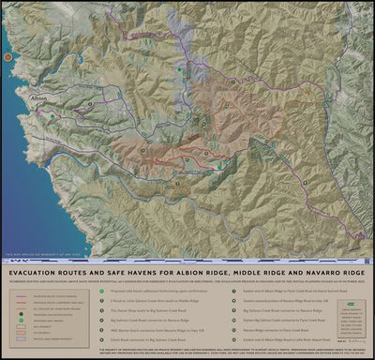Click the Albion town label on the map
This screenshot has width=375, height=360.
(38, 97)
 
